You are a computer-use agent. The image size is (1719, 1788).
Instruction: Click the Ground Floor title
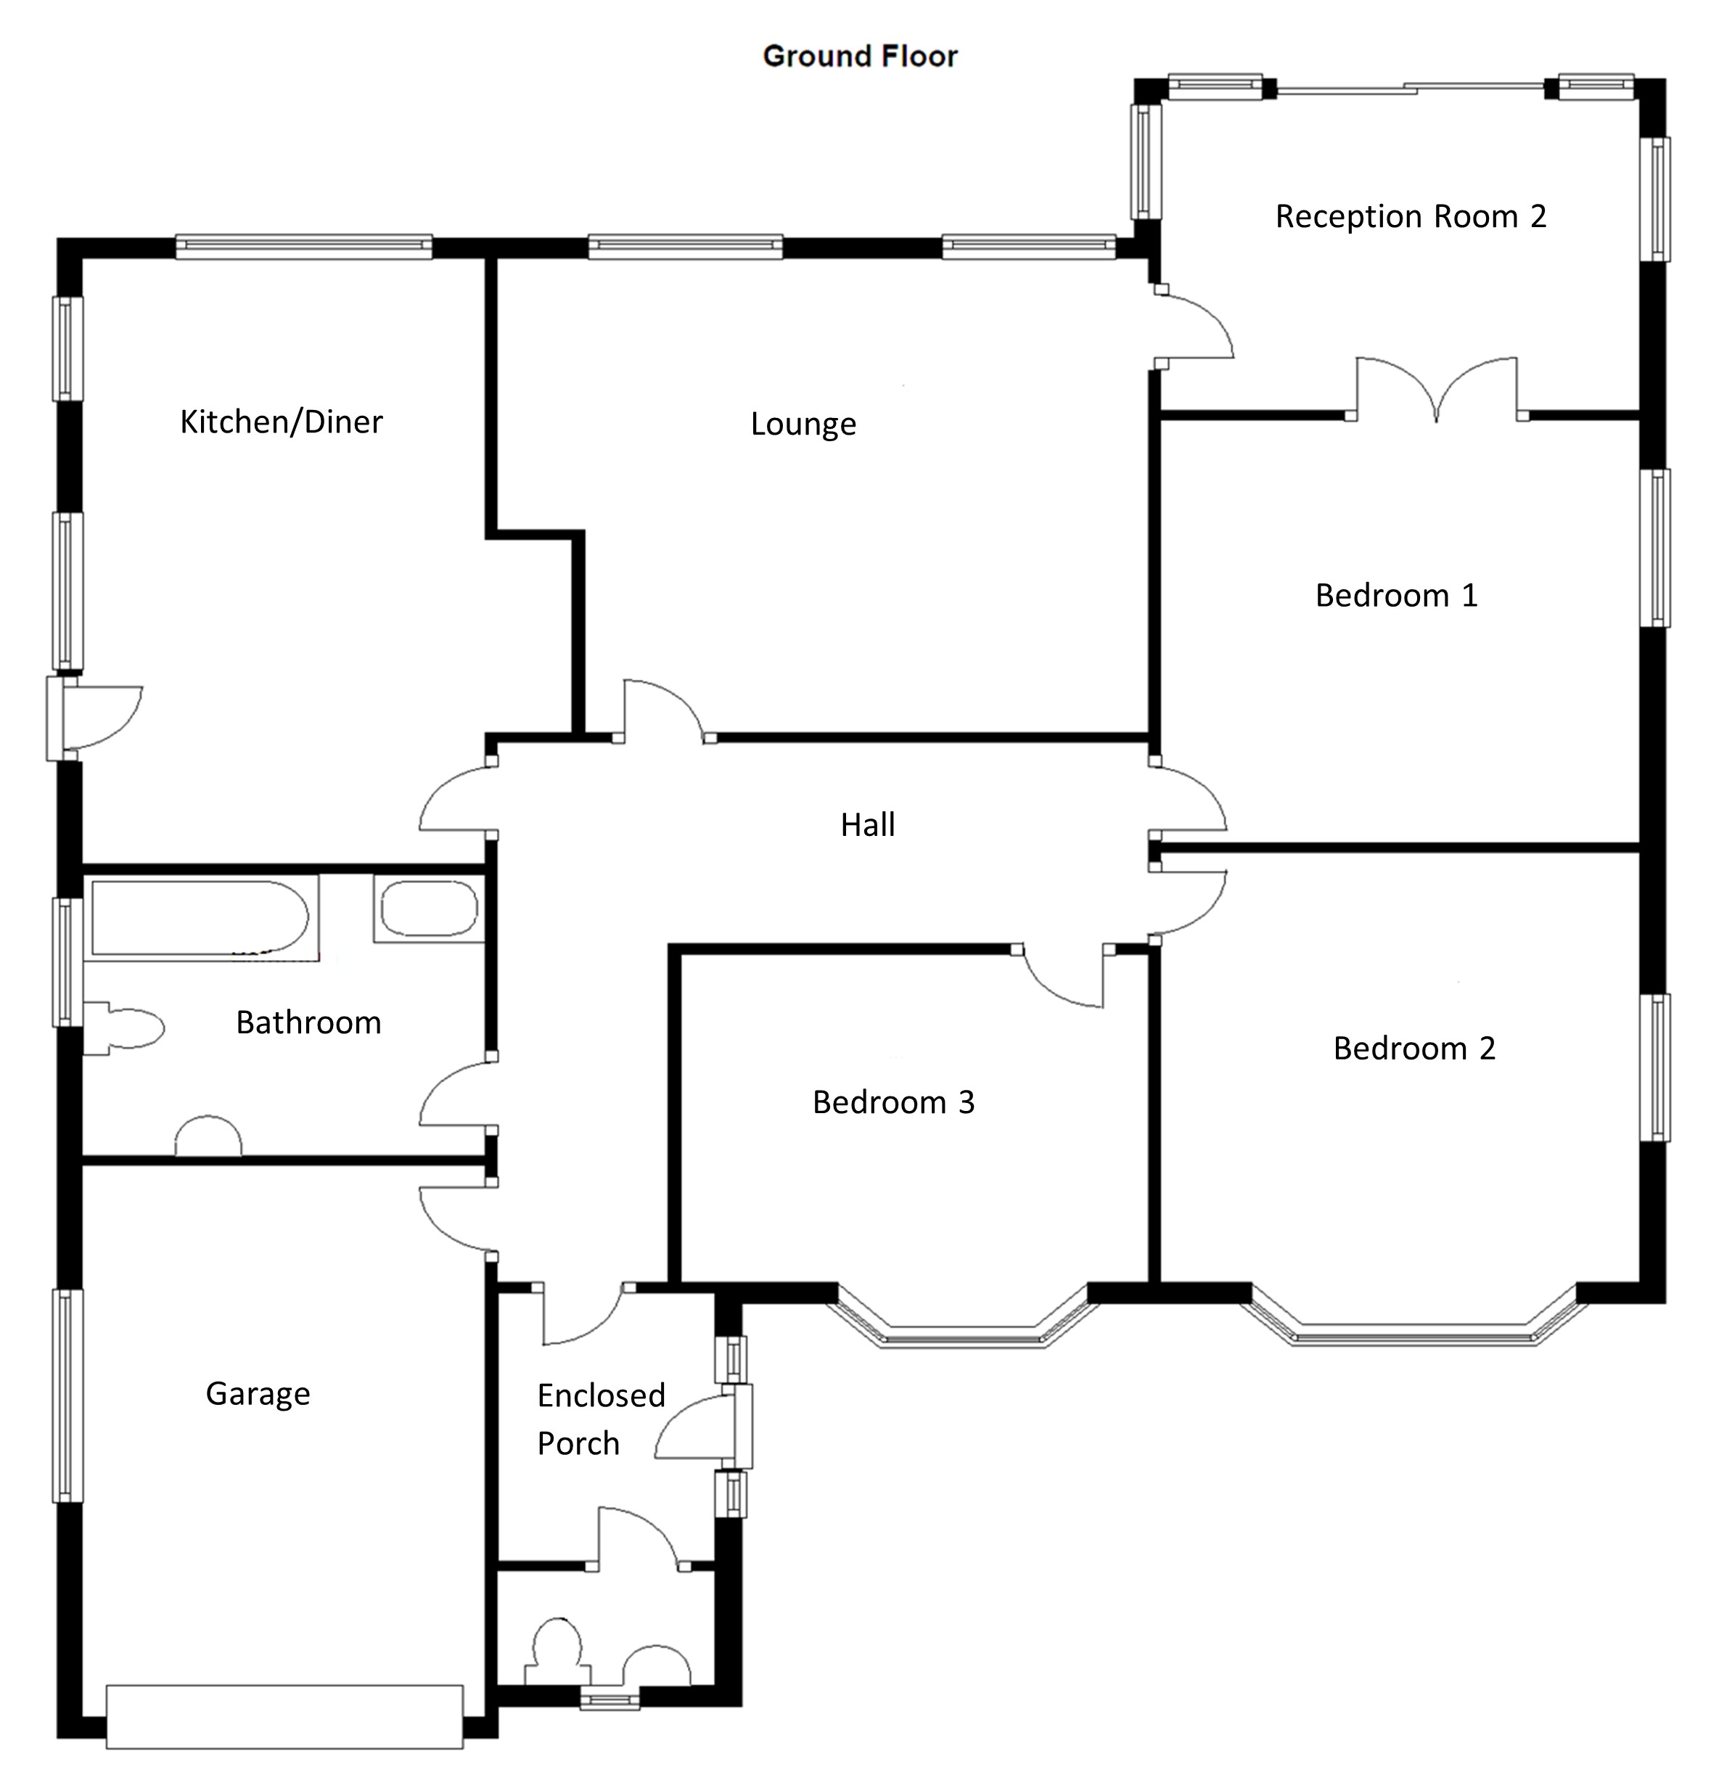click(x=859, y=57)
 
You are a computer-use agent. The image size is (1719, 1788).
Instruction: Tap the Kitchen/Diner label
click(x=281, y=422)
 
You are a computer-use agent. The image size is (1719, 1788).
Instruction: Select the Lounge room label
click(x=803, y=425)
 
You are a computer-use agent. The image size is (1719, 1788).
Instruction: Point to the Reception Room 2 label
click(x=1411, y=217)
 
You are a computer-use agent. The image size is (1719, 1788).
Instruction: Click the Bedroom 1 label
click(x=1396, y=596)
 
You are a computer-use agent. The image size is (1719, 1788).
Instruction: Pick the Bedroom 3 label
click(x=893, y=1103)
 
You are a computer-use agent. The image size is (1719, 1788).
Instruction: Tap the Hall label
click(x=868, y=824)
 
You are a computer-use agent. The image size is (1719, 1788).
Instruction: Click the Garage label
click(x=258, y=1394)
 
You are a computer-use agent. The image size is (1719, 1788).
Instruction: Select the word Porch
click(x=578, y=1443)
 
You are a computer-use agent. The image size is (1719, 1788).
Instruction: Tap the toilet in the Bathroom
click(x=124, y=1029)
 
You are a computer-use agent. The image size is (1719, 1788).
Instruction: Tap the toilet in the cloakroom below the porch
click(x=556, y=1653)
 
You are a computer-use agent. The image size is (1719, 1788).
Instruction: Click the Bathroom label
click(x=308, y=1022)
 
